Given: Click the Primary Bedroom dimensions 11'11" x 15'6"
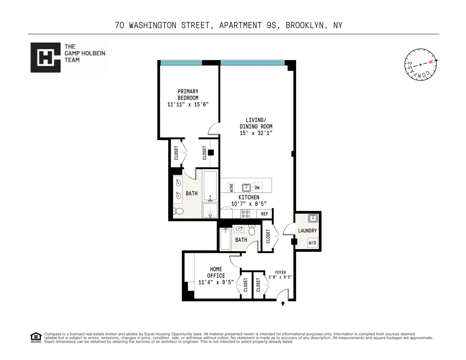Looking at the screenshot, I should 188,104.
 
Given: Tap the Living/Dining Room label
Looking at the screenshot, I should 256,123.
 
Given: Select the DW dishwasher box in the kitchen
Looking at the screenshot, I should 257,188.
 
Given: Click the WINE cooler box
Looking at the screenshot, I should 231,188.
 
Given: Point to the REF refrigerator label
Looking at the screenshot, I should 265,214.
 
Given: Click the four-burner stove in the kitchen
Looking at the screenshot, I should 245,214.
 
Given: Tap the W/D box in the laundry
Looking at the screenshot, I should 312,243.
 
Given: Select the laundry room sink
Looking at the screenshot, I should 313,218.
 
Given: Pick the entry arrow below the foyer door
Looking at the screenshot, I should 283,303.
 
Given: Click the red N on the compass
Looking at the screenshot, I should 430,62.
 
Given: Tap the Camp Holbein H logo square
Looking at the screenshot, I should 45,58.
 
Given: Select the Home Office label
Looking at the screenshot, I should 216,273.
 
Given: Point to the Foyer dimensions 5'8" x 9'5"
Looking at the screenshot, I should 280,277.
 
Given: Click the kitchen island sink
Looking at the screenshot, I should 246,188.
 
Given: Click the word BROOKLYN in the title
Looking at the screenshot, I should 305,25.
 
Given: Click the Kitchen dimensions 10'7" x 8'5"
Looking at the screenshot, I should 249,204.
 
